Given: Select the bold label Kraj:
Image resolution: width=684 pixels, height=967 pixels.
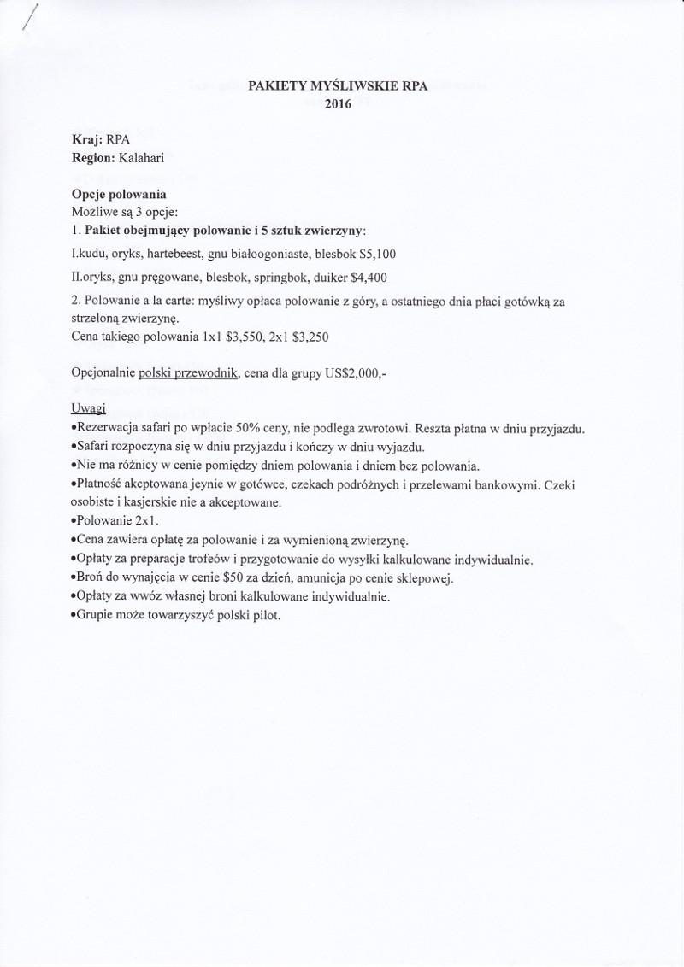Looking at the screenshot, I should click(87, 141).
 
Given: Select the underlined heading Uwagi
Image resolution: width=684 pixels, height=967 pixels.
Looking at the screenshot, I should click(89, 409).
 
